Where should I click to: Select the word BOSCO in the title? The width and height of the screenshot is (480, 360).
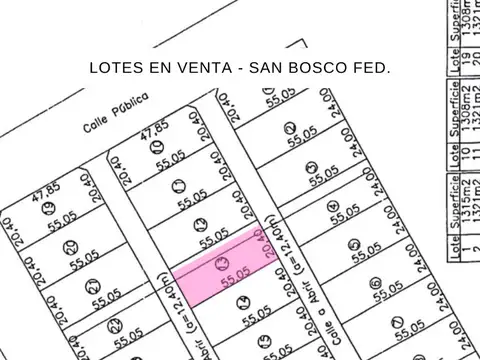pyautogui.click(x=326, y=70)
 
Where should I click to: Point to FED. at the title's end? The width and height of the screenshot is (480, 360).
pyautogui.click(x=374, y=70)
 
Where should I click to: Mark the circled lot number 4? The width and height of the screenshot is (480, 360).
pyautogui.click(x=333, y=206)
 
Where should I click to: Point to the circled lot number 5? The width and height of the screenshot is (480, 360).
pyautogui.click(x=354, y=243)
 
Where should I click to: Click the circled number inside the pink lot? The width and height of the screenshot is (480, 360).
pyautogui.click(x=222, y=264)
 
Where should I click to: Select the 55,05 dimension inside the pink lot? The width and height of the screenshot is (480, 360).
pyautogui.click(x=235, y=281)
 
